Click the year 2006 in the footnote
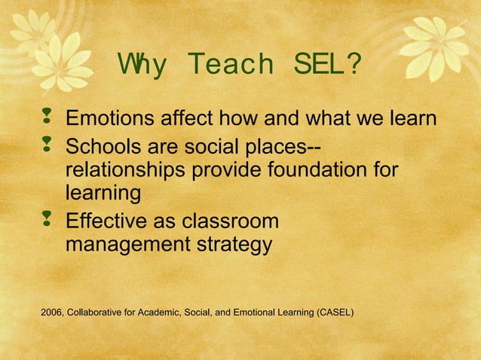click(x=52, y=311)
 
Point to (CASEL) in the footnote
click(x=335, y=311)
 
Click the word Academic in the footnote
click(x=157, y=311)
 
